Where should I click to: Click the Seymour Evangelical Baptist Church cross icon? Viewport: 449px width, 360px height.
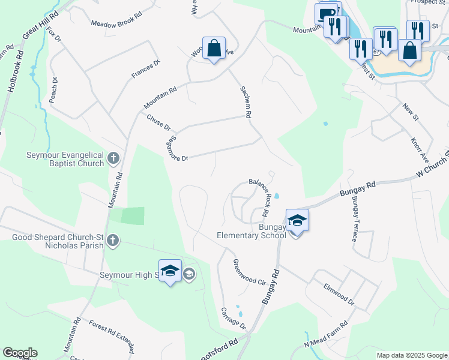[x=113, y=158]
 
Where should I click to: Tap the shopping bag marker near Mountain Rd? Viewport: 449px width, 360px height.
[x=214, y=48]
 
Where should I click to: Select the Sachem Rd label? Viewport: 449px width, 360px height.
[x=246, y=101]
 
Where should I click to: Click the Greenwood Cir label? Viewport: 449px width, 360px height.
[x=249, y=272]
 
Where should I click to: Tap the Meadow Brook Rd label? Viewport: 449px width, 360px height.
[x=116, y=23]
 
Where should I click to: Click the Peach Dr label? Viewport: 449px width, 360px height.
[x=55, y=89]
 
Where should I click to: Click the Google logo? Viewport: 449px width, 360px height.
[x=20, y=353]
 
